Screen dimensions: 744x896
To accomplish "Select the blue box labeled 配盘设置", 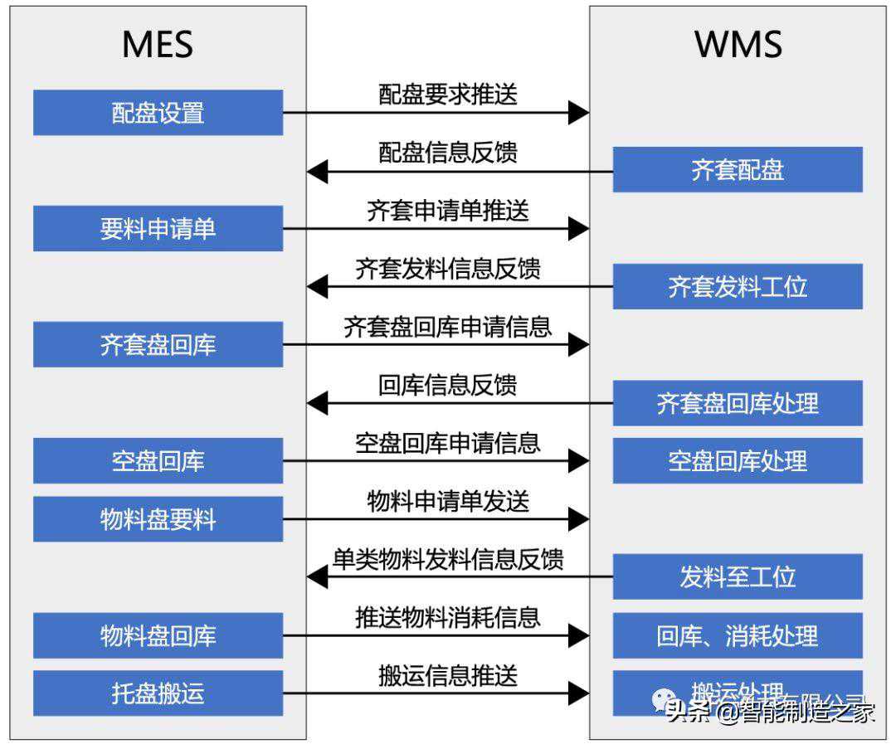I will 158,113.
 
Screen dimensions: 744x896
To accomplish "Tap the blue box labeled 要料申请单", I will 158,229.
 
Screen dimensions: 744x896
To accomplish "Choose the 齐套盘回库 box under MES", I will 158,345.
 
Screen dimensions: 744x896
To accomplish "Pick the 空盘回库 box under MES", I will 158,461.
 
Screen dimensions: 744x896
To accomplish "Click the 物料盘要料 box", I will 158,519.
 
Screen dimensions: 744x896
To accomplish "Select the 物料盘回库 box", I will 158,635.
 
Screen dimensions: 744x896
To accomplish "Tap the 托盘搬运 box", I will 158,693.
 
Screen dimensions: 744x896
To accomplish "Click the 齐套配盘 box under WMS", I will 738,170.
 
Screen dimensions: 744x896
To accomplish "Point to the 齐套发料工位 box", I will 738,287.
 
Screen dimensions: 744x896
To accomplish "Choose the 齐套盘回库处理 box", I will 738,403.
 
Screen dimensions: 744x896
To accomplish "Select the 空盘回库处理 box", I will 738,461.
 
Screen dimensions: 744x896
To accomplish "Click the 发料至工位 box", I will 738,577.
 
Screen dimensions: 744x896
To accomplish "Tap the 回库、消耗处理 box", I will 738,635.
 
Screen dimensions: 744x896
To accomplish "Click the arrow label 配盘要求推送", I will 448,95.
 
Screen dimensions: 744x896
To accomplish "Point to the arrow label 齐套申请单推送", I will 448,211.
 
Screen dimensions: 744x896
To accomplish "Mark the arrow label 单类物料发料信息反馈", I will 448,559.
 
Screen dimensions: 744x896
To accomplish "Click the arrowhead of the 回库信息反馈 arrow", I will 317,404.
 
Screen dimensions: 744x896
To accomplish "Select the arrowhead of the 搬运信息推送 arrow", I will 579,693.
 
